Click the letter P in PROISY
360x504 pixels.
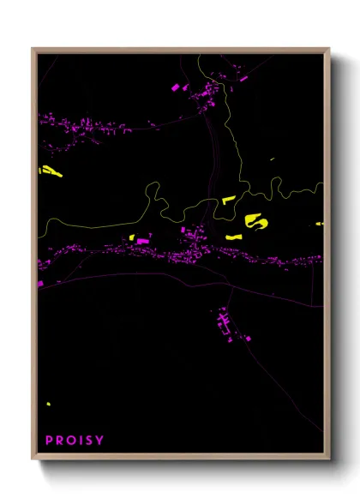(50, 441)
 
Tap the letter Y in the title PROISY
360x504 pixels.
(100, 441)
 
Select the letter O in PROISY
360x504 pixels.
(70, 441)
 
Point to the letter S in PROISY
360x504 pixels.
(90, 441)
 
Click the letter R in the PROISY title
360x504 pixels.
(60, 441)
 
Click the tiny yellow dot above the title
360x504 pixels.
(49, 404)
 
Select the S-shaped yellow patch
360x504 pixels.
(255, 222)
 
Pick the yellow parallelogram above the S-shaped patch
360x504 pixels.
(228, 200)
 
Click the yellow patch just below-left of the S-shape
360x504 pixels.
(233, 236)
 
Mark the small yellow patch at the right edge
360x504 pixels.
(319, 224)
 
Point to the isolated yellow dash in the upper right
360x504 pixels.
(272, 159)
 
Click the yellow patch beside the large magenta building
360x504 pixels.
(132, 237)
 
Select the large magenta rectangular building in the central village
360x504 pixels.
(143, 242)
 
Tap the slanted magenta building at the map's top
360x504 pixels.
(176, 87)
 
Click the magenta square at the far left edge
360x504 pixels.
(40, 282)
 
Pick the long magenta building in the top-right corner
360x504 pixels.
(243, 78)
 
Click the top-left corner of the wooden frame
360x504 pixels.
(33, 49)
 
